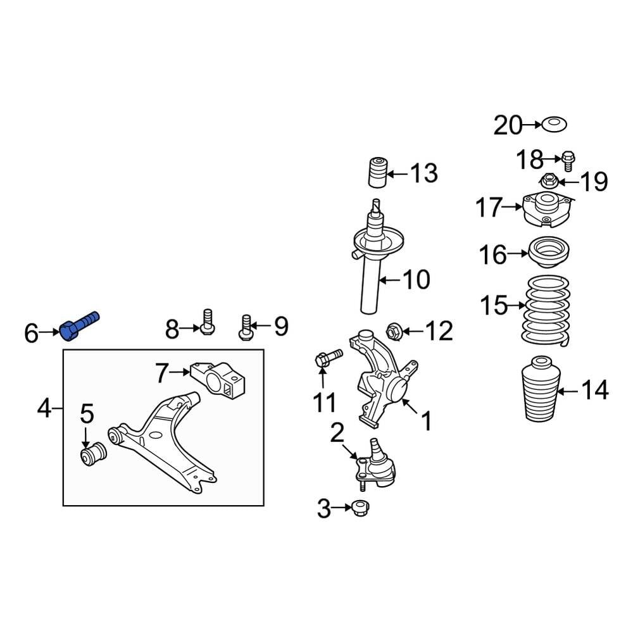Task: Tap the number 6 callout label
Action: (31, 332)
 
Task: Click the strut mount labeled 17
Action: (547, 210)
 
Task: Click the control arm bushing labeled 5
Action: (93, 456)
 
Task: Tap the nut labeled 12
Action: (393, 330)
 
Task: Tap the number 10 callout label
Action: (416, 280)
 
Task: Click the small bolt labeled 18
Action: (567, 161)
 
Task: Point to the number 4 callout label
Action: (43, 409)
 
